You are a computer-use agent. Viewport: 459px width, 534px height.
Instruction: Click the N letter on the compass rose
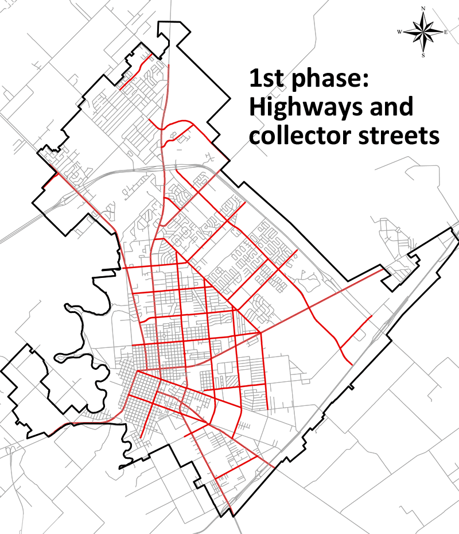tap(423, 9)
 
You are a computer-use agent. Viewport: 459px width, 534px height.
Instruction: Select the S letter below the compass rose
tap(423, 56)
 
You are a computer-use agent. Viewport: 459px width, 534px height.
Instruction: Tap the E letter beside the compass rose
tap(446, 32)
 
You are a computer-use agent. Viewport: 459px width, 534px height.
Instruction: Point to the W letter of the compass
tap(399, 32)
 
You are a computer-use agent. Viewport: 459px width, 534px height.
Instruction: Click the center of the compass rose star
tap(423, 32)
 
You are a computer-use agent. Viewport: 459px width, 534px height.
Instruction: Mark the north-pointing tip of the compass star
tap(423, 13)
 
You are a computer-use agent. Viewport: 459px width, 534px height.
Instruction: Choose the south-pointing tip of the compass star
tap(423, 51)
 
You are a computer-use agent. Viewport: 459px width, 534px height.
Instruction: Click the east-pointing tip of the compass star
tap(442, 32)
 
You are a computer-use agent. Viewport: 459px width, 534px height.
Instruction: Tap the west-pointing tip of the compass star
tap(404, 32)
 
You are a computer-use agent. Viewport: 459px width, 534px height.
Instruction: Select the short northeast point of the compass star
tap(430, 25)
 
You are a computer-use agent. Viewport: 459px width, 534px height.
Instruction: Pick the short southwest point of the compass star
tap(415, 40)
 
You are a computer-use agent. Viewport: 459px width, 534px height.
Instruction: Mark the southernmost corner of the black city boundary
tap(235, 516)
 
